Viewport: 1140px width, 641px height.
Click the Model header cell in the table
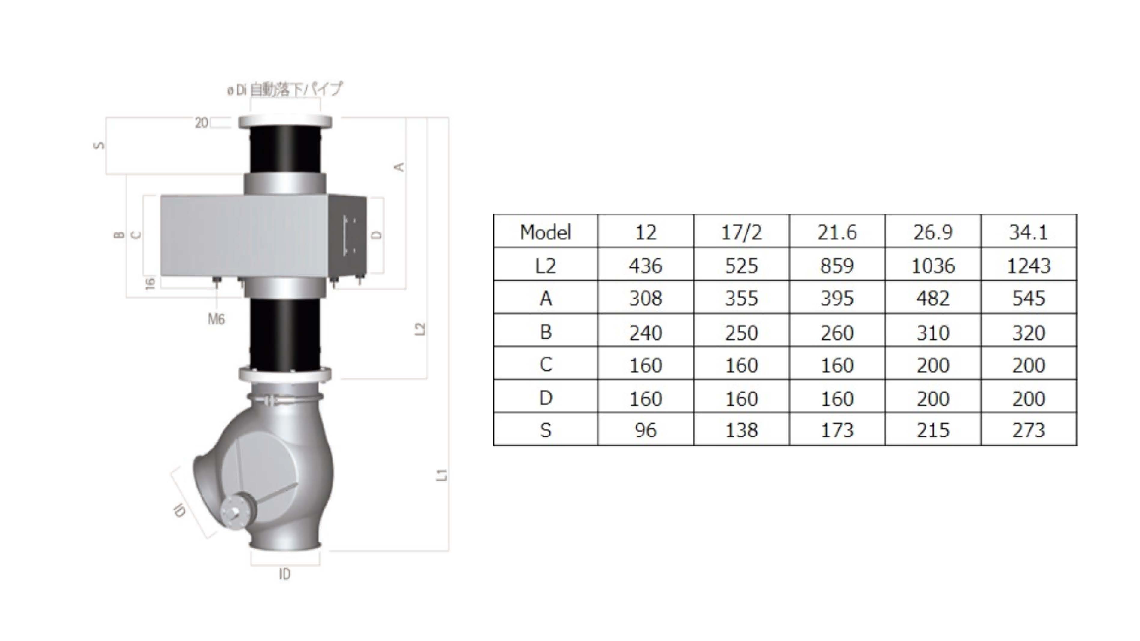(545, 232)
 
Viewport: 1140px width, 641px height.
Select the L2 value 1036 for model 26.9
(933, 266)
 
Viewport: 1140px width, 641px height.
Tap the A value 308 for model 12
(646, 299)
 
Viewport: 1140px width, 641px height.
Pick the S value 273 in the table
(1029, 430)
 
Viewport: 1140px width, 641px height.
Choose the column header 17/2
(741, 232)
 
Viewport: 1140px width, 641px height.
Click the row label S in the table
(545, 430)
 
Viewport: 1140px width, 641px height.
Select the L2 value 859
(837, 266)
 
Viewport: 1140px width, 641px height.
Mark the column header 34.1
(1029, 232)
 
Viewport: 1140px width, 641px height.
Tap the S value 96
(646, 430)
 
